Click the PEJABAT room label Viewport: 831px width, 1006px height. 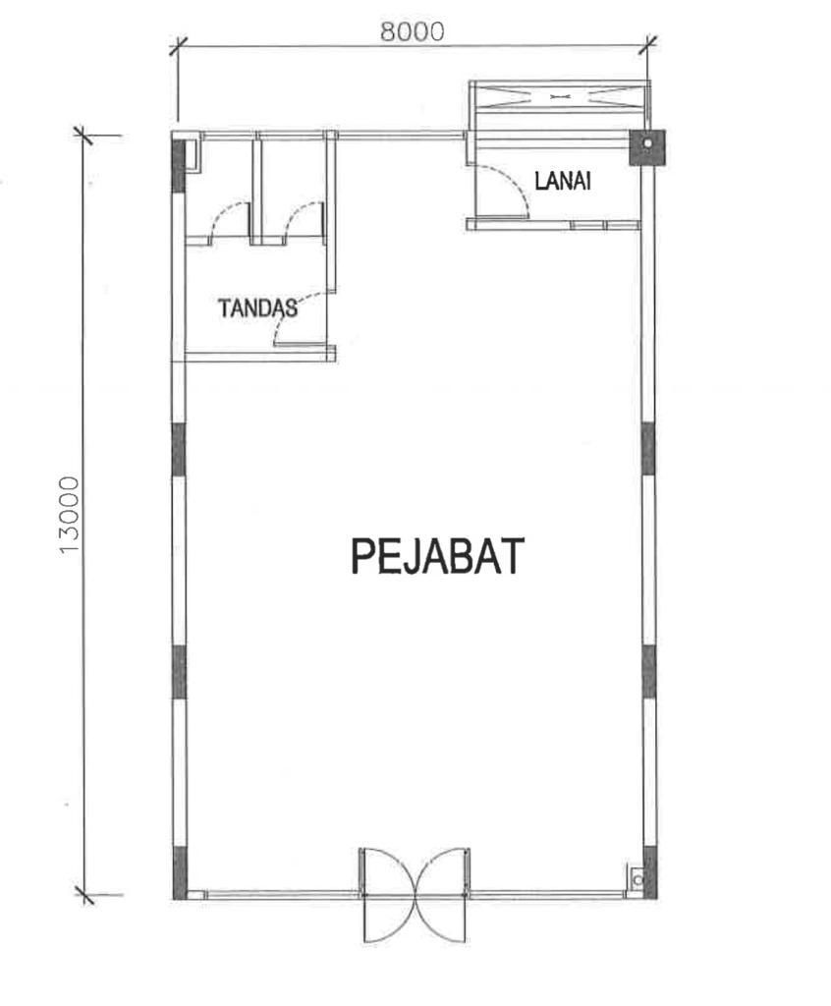438,556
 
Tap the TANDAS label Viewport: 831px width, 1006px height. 258,308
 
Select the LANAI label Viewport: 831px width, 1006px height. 563,181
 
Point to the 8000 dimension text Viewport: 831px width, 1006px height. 412,30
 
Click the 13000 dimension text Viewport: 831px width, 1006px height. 69,515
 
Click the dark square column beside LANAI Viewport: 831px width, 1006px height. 647,147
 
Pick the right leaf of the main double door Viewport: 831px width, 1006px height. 443,895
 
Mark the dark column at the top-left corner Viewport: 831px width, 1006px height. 179,164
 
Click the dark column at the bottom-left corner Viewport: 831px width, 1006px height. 179,872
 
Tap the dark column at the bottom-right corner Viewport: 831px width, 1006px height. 649,872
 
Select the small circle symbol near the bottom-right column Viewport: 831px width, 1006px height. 637,879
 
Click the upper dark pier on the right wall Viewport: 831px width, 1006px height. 648,448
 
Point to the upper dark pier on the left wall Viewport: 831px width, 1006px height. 179,448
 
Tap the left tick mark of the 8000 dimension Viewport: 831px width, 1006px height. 179,46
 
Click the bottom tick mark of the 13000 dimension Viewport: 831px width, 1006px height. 84,894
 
